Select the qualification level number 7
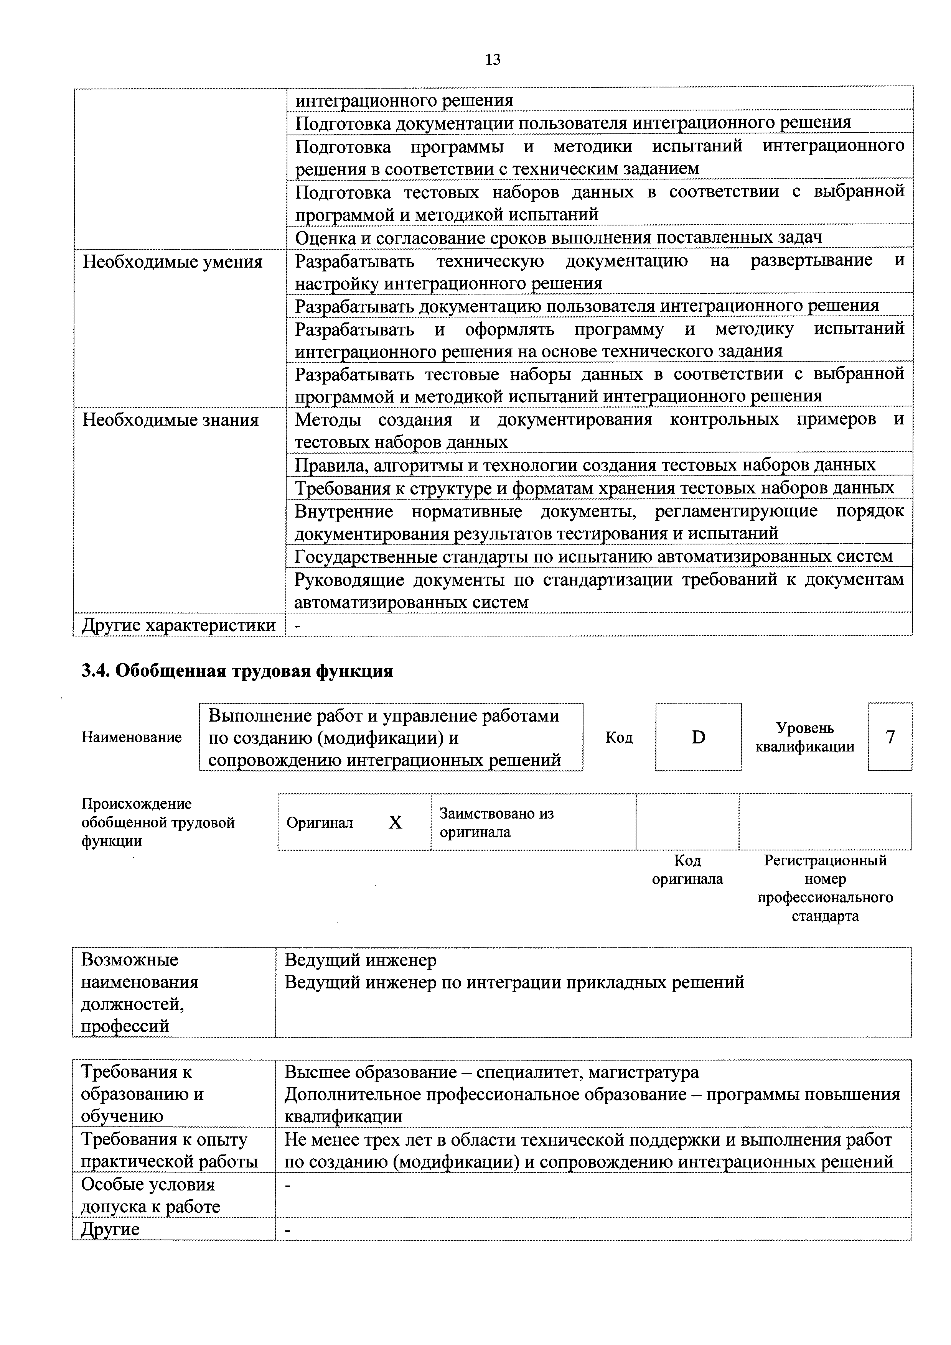tap(890, 737)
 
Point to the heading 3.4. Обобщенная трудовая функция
tap(237, 671)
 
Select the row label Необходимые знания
tap(170, 420)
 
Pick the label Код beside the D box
tap(619, 737)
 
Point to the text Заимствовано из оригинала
tap(496, 822)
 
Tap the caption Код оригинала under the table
tap(687, 869)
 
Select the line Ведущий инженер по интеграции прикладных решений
tap(514, 982)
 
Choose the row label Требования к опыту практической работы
tap(169, 1150)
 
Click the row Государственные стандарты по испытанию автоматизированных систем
tap(593, 556)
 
